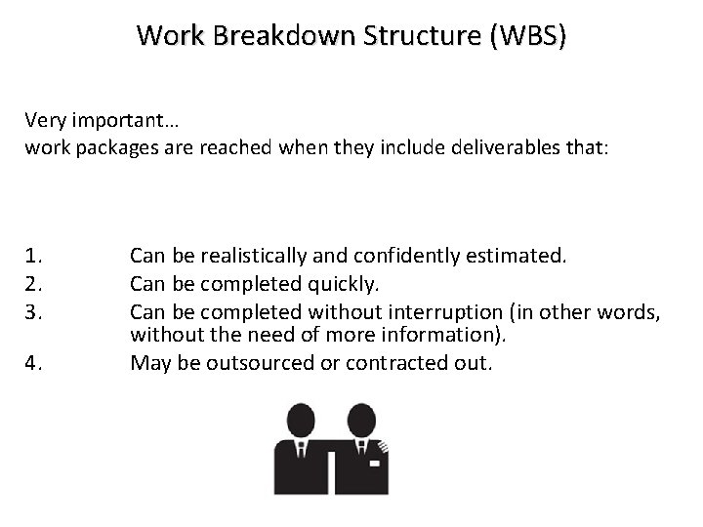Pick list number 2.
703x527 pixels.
pos(35,284)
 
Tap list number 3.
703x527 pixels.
pos(35,310)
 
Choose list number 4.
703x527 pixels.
pos(35,364)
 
